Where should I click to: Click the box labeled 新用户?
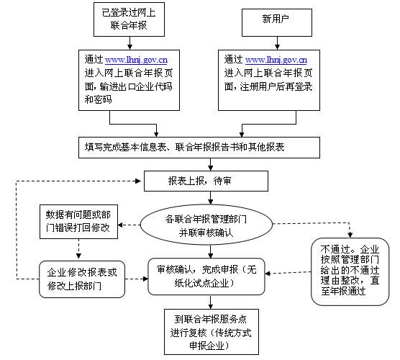(277, 22)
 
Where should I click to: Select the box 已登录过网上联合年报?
(129, 19)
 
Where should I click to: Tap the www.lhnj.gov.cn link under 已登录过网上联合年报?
(136, 60)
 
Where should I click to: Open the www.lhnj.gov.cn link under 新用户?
(276, 60)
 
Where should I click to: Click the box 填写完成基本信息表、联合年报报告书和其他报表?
(199, 148)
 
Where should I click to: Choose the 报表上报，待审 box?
(206, 181)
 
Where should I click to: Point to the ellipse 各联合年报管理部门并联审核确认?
(206, 225)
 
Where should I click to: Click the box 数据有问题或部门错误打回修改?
(78, 222)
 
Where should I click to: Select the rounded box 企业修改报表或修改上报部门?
(82, 279)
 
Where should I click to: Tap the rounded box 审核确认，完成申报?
(206, 276)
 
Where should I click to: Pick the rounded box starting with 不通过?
(350, 271)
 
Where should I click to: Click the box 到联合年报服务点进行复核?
(212, 332)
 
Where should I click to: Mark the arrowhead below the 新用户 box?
(277, 47)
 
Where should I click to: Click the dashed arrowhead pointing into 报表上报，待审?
(138, 181)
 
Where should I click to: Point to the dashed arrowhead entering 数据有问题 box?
(120, 225)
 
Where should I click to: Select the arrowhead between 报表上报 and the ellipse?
(210, 202)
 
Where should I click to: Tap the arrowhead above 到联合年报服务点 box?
(210, 306)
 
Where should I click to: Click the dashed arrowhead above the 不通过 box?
(350, 235)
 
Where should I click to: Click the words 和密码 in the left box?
(99, 99)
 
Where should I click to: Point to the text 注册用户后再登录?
(276, 87)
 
